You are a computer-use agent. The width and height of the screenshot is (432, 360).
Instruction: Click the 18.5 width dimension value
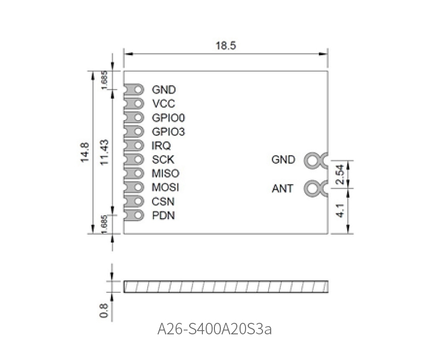[x=226, y=45]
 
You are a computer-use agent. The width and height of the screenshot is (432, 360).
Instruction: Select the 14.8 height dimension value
[x=85, y=152]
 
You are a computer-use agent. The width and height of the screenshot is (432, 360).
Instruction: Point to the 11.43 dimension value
[x=104, y=152]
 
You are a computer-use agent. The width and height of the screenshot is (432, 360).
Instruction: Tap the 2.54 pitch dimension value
[x=341, y=174]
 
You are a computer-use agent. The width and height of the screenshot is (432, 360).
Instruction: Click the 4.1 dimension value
[x=341, y=210]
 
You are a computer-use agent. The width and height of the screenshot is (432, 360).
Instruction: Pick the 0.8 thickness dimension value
[x=103, y=310]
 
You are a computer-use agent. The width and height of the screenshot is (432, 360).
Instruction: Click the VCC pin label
[x=164, y=104]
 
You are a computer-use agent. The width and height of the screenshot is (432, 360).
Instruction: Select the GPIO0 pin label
[x=168, y=118]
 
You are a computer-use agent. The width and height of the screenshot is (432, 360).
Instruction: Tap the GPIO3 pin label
[x=168, y=132]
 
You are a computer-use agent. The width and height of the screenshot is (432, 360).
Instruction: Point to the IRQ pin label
[x=161, y=146]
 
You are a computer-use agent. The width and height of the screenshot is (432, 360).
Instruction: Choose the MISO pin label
[x=166, y=173]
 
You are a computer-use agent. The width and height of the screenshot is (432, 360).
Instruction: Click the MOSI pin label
[x=165, y=187]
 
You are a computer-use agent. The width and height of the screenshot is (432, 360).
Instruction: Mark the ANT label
[x=282, y=188]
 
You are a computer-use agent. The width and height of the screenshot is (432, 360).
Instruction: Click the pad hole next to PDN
[x=138, y=215]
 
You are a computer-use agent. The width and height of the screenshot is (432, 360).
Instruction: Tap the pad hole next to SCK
[x=138, y=160]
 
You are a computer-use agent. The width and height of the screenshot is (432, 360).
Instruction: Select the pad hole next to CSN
[x=138, y=201]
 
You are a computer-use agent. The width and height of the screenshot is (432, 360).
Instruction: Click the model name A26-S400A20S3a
[x=214, y=329]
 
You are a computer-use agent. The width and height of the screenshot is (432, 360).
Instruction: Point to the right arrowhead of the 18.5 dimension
[x=323, y=54]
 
